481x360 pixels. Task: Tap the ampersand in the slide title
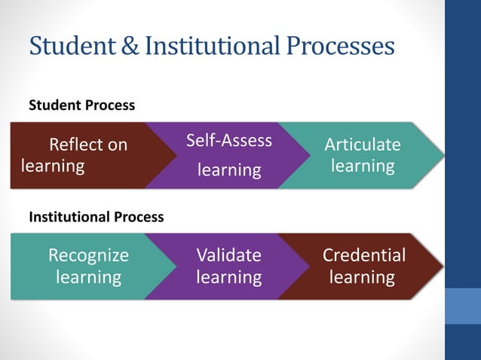(129, 46)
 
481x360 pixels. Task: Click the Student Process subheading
(81, 105)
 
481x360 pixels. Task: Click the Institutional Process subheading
(96, 217)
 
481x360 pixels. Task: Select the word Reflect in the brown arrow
(74, 144)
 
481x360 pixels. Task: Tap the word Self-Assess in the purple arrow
(228, 141)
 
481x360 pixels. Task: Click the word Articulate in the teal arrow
(363, 144)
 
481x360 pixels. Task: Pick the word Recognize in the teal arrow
(88, 255)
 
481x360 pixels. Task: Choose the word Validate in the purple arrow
(228, 255)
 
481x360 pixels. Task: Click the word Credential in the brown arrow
(363, 255)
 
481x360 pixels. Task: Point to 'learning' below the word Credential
(363, 277)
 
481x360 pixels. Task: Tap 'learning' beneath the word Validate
(228, 277)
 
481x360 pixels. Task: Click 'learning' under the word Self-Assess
(228, 171)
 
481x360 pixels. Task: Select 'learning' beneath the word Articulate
(363, 165)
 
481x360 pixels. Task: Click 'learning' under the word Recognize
(88, 277)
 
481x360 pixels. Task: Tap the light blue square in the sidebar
(463, 306)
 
